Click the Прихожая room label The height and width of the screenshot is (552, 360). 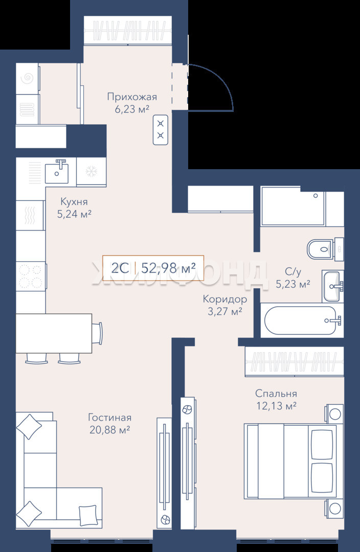coord(132,97)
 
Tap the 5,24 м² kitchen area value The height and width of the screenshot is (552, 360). coord(74,214)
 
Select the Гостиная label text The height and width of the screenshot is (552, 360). coord(109,418)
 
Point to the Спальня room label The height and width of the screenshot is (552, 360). coord(276,394)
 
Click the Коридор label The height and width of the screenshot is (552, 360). coord(224,299)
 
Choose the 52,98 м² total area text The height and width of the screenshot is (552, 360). coord(168,268)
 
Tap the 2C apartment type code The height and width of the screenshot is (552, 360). coord(120,268)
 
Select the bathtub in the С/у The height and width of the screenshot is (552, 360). coord(302,320)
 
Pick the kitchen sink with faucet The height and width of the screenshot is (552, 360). coord(57,171)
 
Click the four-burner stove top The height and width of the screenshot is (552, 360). coord(31,276)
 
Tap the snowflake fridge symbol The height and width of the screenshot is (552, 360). coord(91,172)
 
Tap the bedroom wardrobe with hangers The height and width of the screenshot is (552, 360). coord(295,361)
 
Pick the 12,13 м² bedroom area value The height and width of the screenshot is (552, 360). coord(276,406)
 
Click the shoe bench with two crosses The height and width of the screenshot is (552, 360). coord(161,129)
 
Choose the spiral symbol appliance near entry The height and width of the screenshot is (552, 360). coord(28,79)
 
